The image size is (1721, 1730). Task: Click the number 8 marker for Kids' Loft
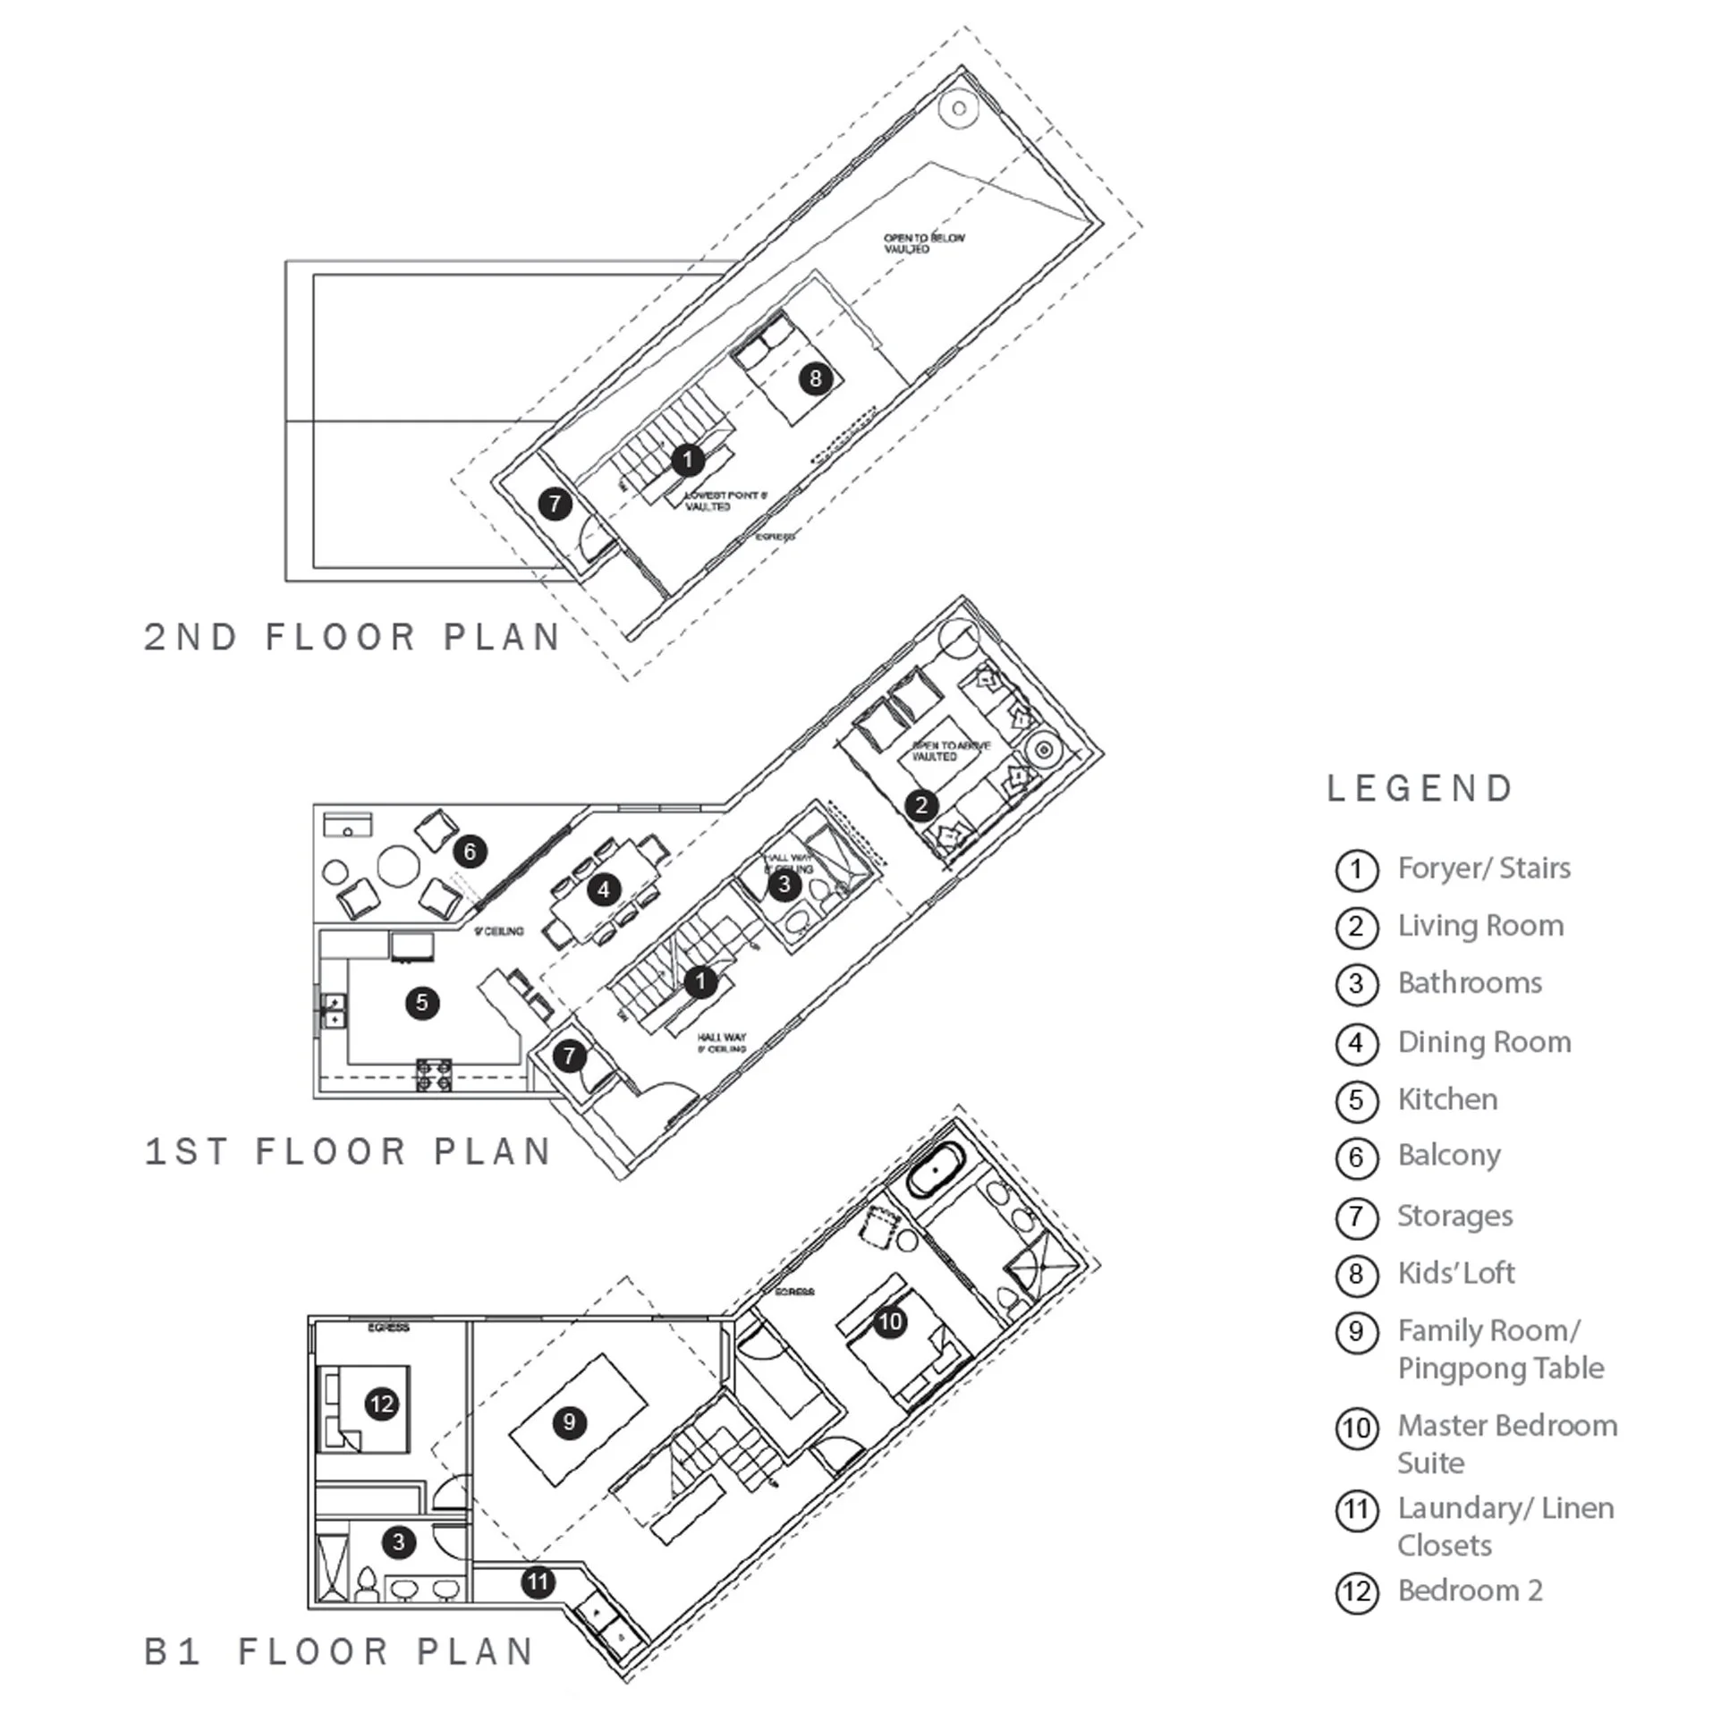[x=815, y=377]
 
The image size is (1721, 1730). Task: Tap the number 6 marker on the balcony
[x=471, y=851]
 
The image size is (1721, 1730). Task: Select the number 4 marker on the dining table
[x=604, y=889]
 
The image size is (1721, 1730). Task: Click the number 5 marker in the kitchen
[x=421, y=1002]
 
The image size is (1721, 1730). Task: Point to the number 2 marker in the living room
[x=921, y=805]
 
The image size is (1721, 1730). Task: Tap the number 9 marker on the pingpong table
[x=570, y=1422]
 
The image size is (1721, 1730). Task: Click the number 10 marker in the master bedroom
[x=890, y=1322]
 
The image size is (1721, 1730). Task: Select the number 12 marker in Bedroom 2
[x=382, y=1404]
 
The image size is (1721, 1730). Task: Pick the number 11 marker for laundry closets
[x=538, y=1582]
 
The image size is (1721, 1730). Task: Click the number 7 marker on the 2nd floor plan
[x=555, y=504]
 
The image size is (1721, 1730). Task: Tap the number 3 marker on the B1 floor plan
[x=398, y=1542]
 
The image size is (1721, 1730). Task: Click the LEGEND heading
[x=1420, y=789]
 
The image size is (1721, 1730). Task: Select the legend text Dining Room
[x=1484, y=1042]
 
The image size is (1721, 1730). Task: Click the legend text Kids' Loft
[x=1456, y=1273]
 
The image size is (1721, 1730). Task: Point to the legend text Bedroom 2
[x=1471, y=1590]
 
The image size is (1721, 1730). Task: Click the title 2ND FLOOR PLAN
[x=352, y=638]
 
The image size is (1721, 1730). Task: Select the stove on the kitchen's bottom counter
[x=434, y=1073]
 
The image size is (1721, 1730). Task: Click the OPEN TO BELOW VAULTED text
[x=924, y=243]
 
